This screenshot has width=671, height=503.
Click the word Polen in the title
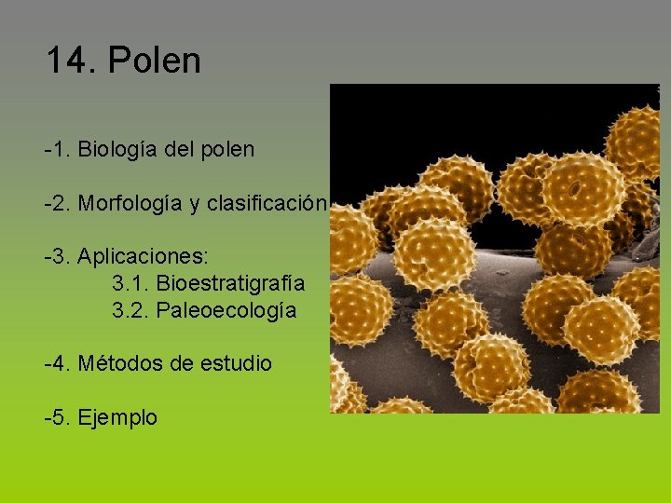tap(155, 61)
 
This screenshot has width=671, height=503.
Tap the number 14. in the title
tap(72, 61)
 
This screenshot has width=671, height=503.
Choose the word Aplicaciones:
tap(144, 255)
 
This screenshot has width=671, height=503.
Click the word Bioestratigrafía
tap(230, 282)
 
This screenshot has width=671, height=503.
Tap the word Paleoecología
tap(226, 310)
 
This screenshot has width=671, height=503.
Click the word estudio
tap(236, 363)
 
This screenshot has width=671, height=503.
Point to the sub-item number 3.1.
tap(130, 282)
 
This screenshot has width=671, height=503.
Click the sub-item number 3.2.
tap(130, 310)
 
